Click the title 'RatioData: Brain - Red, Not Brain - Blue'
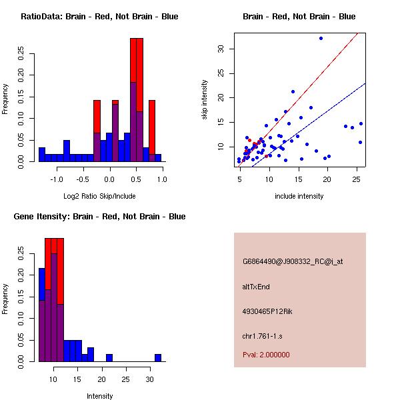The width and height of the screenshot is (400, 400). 99,17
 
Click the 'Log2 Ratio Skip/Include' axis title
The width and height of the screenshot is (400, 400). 99,196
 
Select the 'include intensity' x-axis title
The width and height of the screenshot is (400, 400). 299,196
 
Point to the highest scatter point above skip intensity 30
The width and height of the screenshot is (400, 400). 321,38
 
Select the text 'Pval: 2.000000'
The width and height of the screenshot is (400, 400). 266,355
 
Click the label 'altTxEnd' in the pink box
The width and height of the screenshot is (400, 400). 255,287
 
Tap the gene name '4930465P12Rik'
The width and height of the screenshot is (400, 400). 264,311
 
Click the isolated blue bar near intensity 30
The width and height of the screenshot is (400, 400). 158,358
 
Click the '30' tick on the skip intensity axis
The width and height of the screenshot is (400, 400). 219,49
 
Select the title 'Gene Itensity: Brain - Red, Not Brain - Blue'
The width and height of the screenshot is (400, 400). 99,217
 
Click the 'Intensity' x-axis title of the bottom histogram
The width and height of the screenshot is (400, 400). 99,396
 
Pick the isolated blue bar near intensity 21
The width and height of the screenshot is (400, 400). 109,358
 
